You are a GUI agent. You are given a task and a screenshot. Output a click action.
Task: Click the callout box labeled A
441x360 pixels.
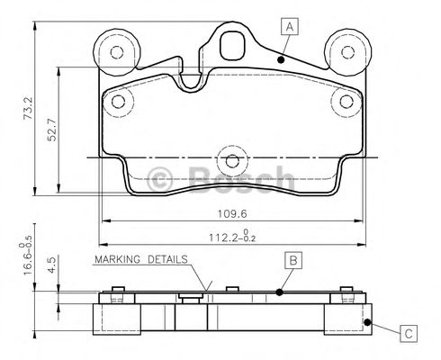pyautogui.click(x=289, y=26)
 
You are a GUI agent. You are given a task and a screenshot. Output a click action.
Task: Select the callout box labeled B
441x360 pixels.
pyautogui.click(x=292, y=261)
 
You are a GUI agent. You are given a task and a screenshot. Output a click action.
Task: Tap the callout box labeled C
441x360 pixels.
pyautogui.click(x=408, y=334)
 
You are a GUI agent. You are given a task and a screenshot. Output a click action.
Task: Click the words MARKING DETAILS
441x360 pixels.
pyautogui.click(x=139, y=259)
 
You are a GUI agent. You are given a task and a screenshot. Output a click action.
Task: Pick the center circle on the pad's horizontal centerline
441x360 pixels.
pyautogui.click(x=233, y=162)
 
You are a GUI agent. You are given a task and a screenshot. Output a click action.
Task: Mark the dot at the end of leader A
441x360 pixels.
pyautogui.click(x=281, y=59)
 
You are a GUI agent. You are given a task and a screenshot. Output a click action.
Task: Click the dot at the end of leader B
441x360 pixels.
pyautogui.click(x=279, y=292)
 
